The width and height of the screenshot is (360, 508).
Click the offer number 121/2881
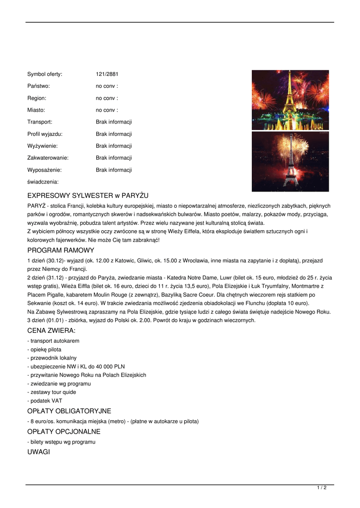(x=107, y=74)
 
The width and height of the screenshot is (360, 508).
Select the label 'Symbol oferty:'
(x=45, y=74)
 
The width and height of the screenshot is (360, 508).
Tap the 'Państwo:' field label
(x=38, y=86)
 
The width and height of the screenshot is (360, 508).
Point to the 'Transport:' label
(x=40, y=122)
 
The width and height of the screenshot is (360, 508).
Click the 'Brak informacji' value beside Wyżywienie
(x=114, y=146)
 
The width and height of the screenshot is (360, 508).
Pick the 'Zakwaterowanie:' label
(x=48, y=158)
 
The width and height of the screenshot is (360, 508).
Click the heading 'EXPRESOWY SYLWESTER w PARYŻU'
(x=88, y=195)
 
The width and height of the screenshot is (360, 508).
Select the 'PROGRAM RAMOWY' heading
(x=61, y=251)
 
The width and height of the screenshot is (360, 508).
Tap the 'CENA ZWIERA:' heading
(x=52, y=330)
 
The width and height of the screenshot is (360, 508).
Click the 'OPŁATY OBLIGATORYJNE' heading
(x=69, y=411)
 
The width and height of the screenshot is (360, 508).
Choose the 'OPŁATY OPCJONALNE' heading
(x=64, y=432)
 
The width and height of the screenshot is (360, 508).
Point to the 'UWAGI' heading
(x=39, y=452)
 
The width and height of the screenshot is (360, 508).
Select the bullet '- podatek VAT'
(x=45, y=401)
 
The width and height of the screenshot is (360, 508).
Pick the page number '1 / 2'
(x=322, y=488)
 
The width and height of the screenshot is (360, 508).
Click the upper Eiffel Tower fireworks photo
(x=290, y=100)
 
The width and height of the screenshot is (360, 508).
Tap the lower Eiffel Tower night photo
(x=290, y=161)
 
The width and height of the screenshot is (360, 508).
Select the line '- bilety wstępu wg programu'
(x=61, y=442)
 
